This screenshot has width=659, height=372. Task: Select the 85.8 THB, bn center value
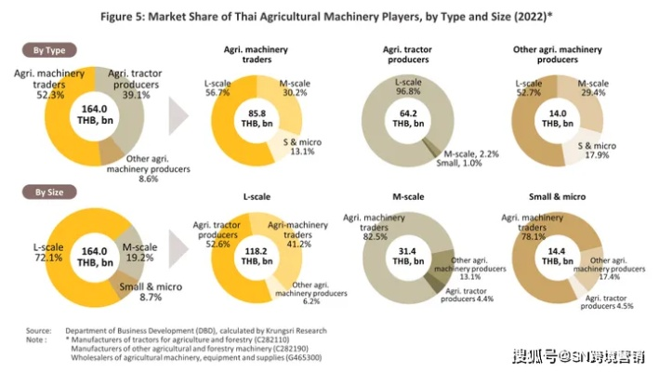pos(256,119)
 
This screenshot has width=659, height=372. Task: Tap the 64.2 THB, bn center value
pos(401,119)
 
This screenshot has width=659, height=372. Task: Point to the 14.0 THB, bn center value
pos(557,119)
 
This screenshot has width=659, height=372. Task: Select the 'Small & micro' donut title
pos(557,197)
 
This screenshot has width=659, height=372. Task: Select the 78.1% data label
pos(531,234)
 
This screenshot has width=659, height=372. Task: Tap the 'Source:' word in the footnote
pos(38,330)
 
